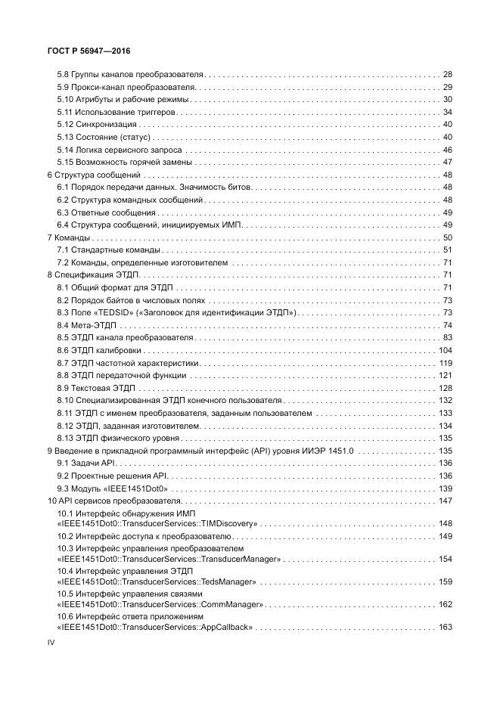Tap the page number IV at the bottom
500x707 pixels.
click(x=51, y=642)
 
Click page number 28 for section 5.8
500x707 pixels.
click(x=447, y=75)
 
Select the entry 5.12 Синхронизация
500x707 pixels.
click(x=97, y=124)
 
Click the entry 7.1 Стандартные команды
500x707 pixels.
click(x=108, y=250)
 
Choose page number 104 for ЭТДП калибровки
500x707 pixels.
click(x=445, y=350)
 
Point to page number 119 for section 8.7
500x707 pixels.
click(x=445, y=362)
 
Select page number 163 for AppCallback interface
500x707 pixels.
click(x=445, y=627)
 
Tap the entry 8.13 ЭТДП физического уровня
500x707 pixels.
click(x=118, y=438)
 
